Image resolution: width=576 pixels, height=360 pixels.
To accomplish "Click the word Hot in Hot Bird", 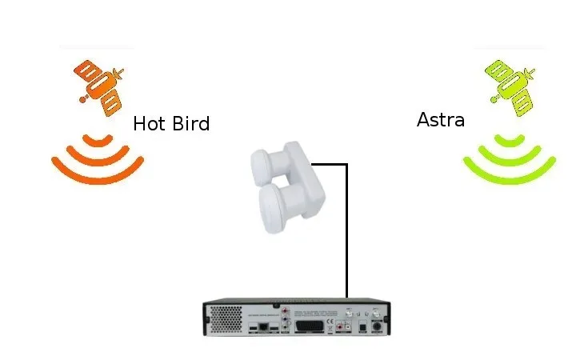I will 149,124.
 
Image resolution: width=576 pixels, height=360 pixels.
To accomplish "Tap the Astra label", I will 441,120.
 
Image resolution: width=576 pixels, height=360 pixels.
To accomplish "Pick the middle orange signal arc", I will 98,158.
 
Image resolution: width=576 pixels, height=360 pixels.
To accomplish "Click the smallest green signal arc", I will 510,140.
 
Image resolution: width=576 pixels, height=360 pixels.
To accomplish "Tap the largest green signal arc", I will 510,174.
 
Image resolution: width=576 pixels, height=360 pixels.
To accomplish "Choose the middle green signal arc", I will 510,157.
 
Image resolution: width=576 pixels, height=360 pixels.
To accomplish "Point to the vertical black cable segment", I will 346,232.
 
